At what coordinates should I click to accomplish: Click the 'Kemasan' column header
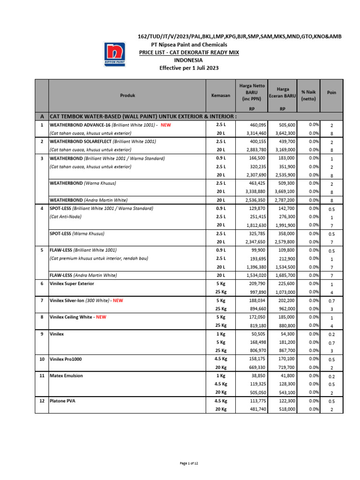(221, 95)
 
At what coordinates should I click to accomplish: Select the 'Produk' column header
(127, 95)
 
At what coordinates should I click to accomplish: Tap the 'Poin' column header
(331, 92)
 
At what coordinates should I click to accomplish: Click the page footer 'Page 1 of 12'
(189, 463)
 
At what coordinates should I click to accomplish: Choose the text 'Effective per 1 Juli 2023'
(189, 68)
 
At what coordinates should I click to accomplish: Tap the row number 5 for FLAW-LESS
(41, 250)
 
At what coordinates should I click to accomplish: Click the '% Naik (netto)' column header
(308, 96)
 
